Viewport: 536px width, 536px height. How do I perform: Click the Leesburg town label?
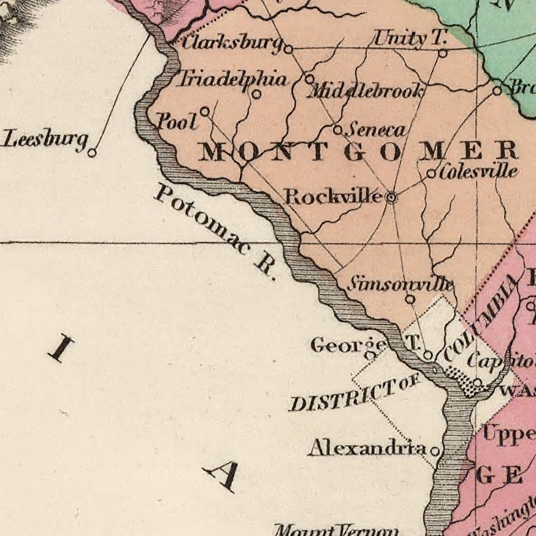click(45, 140)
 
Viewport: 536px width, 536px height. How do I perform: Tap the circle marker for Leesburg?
click(92, 152)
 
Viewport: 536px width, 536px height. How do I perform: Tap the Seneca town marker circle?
click(338, 130)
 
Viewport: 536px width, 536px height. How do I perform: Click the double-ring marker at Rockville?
click(391, 198)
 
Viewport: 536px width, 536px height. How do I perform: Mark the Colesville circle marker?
click(431, 173)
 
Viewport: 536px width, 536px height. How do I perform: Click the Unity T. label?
click(410, 39)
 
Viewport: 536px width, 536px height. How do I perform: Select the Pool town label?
click(177, 122)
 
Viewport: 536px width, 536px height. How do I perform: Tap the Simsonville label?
click(401, 285)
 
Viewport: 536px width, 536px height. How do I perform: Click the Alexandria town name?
click(368, 448)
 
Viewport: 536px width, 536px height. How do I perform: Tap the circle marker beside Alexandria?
click(435, 451)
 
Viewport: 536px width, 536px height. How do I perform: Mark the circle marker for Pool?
click(205, 111)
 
